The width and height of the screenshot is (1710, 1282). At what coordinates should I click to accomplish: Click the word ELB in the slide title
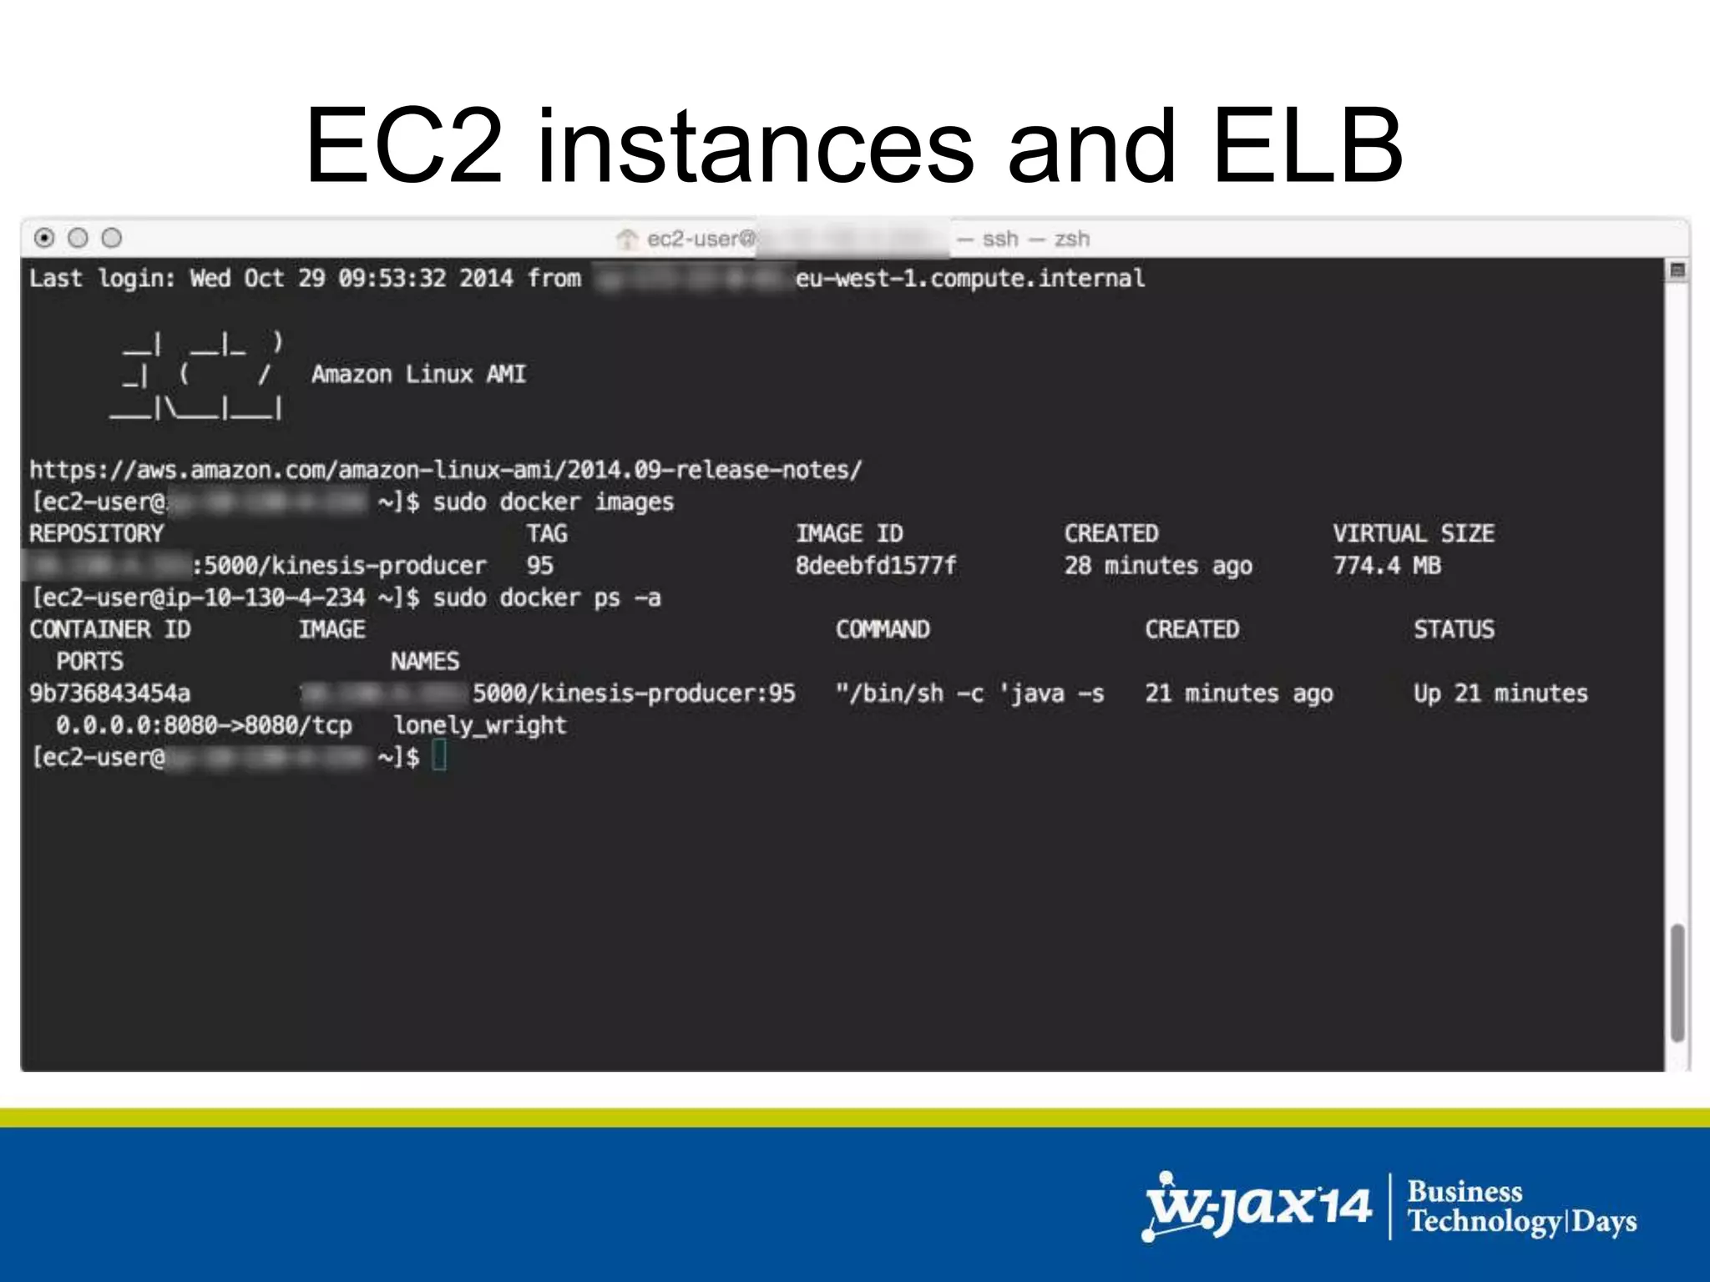1306,146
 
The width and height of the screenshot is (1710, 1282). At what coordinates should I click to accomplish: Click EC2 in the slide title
405,146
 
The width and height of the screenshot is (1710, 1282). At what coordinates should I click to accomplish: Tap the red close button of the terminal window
45,239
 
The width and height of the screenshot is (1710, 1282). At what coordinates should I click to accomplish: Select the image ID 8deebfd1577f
876,566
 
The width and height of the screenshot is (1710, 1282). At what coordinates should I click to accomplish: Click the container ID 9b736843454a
109,694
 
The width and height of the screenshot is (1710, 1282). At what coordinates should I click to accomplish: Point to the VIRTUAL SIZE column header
1413,534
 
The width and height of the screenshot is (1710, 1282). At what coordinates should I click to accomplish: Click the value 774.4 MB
1387,566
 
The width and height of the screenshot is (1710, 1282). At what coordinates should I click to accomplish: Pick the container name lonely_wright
480,725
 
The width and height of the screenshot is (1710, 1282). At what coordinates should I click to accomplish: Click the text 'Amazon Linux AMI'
418,374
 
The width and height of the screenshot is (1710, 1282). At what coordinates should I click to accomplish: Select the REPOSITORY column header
96,534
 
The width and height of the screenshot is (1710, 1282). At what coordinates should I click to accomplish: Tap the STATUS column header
1454,629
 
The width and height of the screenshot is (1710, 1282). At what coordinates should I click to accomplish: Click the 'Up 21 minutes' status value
1500,694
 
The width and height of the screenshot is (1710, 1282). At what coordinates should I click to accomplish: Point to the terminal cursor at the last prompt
440,757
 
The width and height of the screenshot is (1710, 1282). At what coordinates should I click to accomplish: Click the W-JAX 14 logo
1257,1207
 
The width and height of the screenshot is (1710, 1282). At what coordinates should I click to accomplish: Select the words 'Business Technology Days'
1521,1207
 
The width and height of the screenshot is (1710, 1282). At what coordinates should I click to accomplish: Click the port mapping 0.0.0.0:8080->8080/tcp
204,725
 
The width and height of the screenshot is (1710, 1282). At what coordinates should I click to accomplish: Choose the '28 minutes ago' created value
1157,566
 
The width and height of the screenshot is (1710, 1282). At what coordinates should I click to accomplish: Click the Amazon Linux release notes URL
445,470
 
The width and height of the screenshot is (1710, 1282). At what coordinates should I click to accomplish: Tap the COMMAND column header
883,629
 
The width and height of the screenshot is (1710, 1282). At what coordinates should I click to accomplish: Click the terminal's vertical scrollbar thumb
1677,982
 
